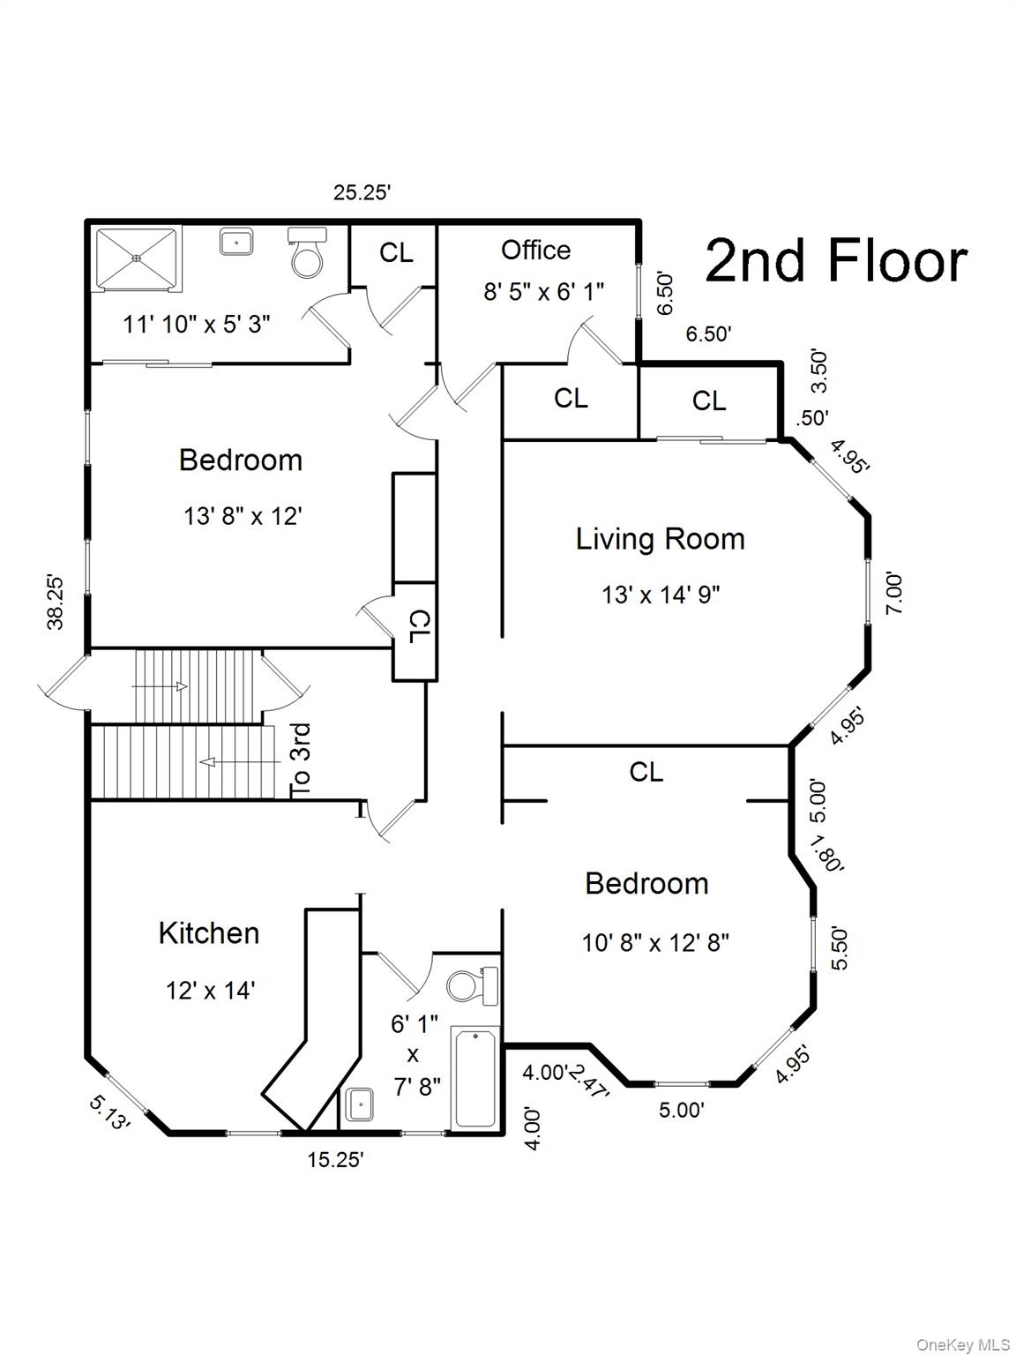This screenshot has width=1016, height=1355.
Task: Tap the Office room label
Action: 535,251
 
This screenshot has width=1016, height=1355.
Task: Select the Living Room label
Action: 660,539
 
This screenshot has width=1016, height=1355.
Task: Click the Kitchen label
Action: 209,933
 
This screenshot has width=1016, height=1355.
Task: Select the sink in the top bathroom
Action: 236,242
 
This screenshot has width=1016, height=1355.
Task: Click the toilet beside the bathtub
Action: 472,985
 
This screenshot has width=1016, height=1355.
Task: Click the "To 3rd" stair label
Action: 301,760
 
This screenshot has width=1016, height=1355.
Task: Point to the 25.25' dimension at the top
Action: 362,192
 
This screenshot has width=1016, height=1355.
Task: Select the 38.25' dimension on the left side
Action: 56,603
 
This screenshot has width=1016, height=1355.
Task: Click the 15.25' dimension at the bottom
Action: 335,1160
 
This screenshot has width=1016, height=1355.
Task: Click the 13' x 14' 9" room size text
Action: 661,595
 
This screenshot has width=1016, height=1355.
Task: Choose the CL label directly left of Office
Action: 396,253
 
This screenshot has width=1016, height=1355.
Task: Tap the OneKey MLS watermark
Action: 963,1344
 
